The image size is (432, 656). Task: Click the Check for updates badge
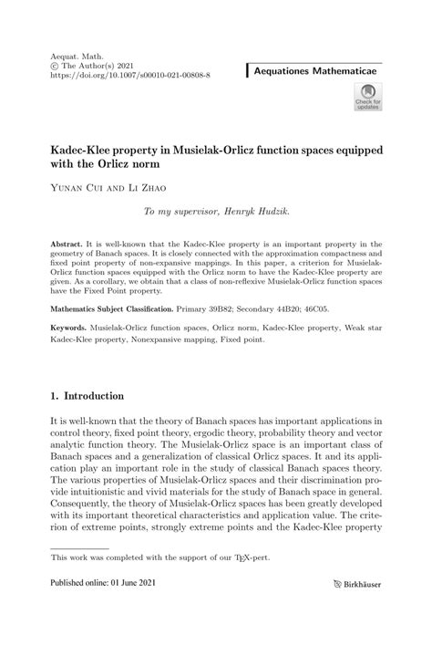click(370, 97)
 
